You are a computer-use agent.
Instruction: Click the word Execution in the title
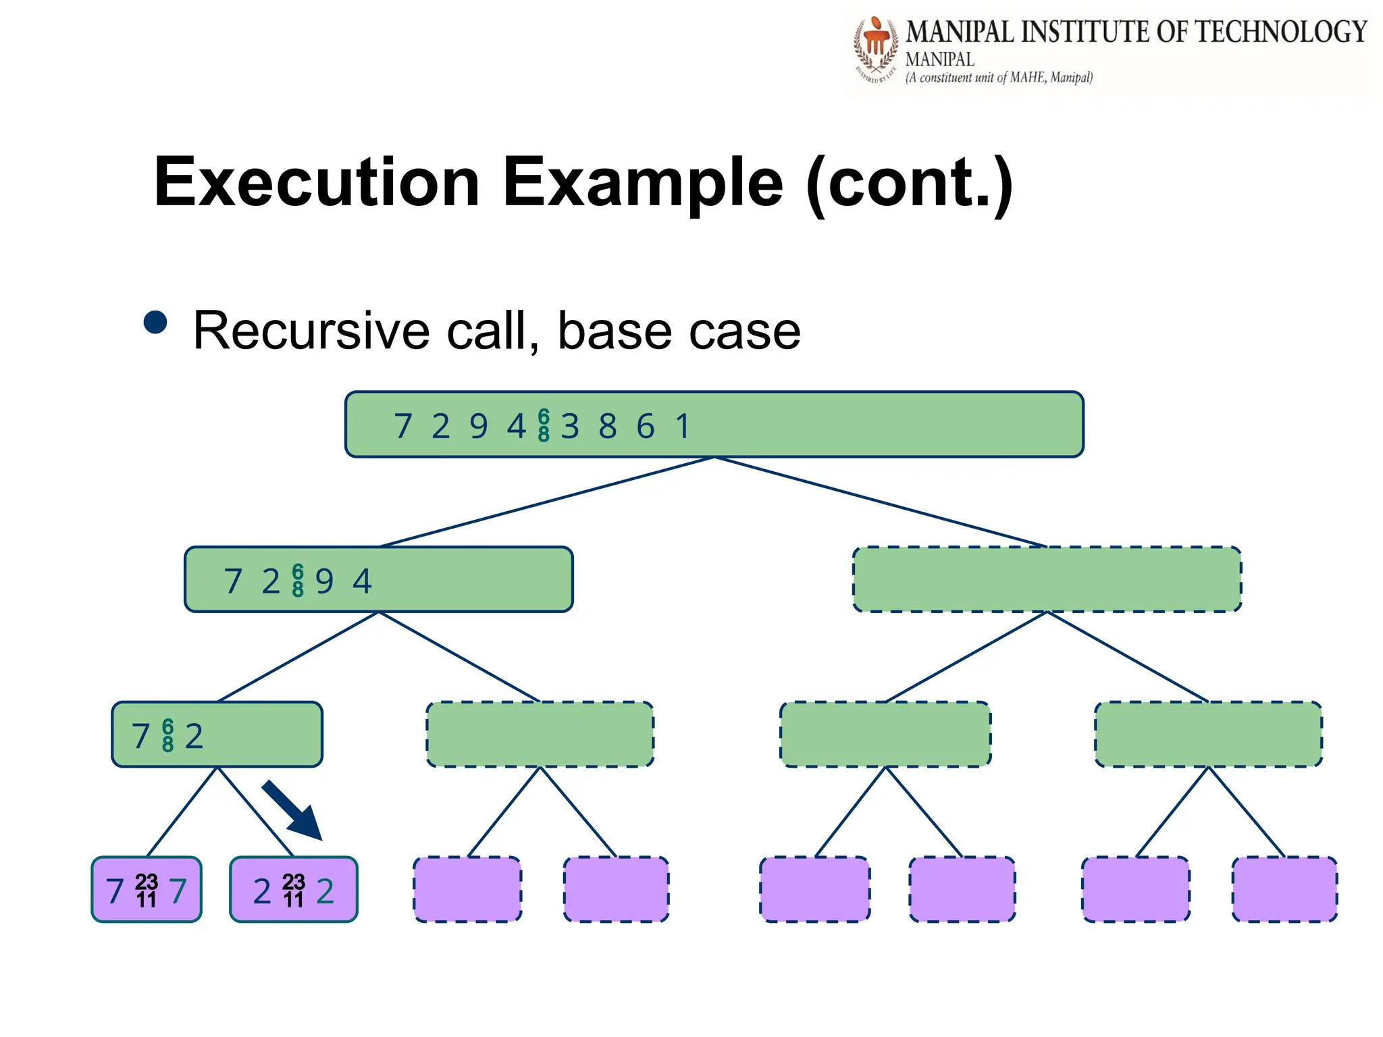[x=317, y=182]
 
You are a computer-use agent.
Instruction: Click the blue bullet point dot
[x=155, y=322]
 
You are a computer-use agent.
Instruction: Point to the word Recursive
[x=311, y=331]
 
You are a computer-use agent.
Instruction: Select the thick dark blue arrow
[x=292, y=810]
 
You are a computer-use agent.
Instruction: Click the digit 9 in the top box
[x=479, y=427]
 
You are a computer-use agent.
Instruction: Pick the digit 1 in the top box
[x=683, y=427]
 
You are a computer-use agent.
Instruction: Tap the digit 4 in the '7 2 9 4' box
[x=363, y=581]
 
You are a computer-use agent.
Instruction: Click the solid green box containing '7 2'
[x=217, y=735]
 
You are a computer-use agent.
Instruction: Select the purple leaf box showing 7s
[x=147, y=890]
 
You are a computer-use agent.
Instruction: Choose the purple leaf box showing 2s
[x=293, y=890]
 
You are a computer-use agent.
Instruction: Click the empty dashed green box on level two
[x=1047, y=579]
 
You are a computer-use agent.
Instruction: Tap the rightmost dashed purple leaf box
[x=1284, y=889]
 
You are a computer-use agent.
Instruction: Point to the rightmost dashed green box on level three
[x=1208, y=734]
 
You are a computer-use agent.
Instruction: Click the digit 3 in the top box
[x=570, y=427]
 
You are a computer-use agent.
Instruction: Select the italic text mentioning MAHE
[x=999, y=78]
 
